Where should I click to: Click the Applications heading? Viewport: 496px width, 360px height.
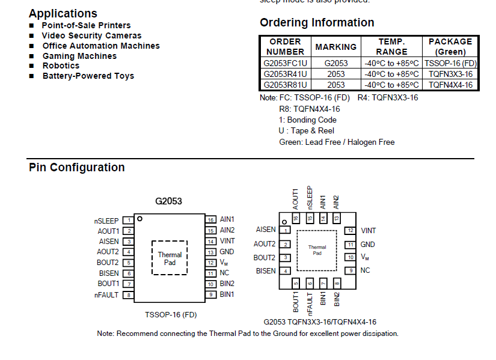point(63,13)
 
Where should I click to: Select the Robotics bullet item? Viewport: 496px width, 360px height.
point(61,66)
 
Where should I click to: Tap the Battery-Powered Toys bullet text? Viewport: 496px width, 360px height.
point(88,76)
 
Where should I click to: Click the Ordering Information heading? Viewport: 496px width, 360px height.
point(317,23)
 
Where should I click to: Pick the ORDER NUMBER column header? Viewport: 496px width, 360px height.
point(285,46)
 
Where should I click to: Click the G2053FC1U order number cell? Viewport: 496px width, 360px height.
point(285,63)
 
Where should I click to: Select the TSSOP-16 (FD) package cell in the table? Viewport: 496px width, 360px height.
point(450,63)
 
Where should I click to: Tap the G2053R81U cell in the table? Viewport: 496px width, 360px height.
point(285,85)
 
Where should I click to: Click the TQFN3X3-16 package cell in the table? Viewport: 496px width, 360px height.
point(450,74)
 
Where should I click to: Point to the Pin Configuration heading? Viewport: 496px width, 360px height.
point(77,168)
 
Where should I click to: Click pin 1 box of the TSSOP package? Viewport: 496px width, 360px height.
point(129,221)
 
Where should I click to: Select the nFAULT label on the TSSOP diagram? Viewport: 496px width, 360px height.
point(106,295)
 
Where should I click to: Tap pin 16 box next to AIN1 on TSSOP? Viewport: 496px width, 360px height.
point(210,220)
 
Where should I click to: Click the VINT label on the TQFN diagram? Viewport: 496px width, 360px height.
point(369,231)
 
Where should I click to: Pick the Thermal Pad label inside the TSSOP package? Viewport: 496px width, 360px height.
point(170,258)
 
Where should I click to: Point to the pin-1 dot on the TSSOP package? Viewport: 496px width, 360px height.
point(139,219)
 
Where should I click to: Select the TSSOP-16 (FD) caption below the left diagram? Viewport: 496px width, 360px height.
point(171,314)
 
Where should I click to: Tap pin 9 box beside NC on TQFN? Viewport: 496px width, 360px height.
point(350,271)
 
